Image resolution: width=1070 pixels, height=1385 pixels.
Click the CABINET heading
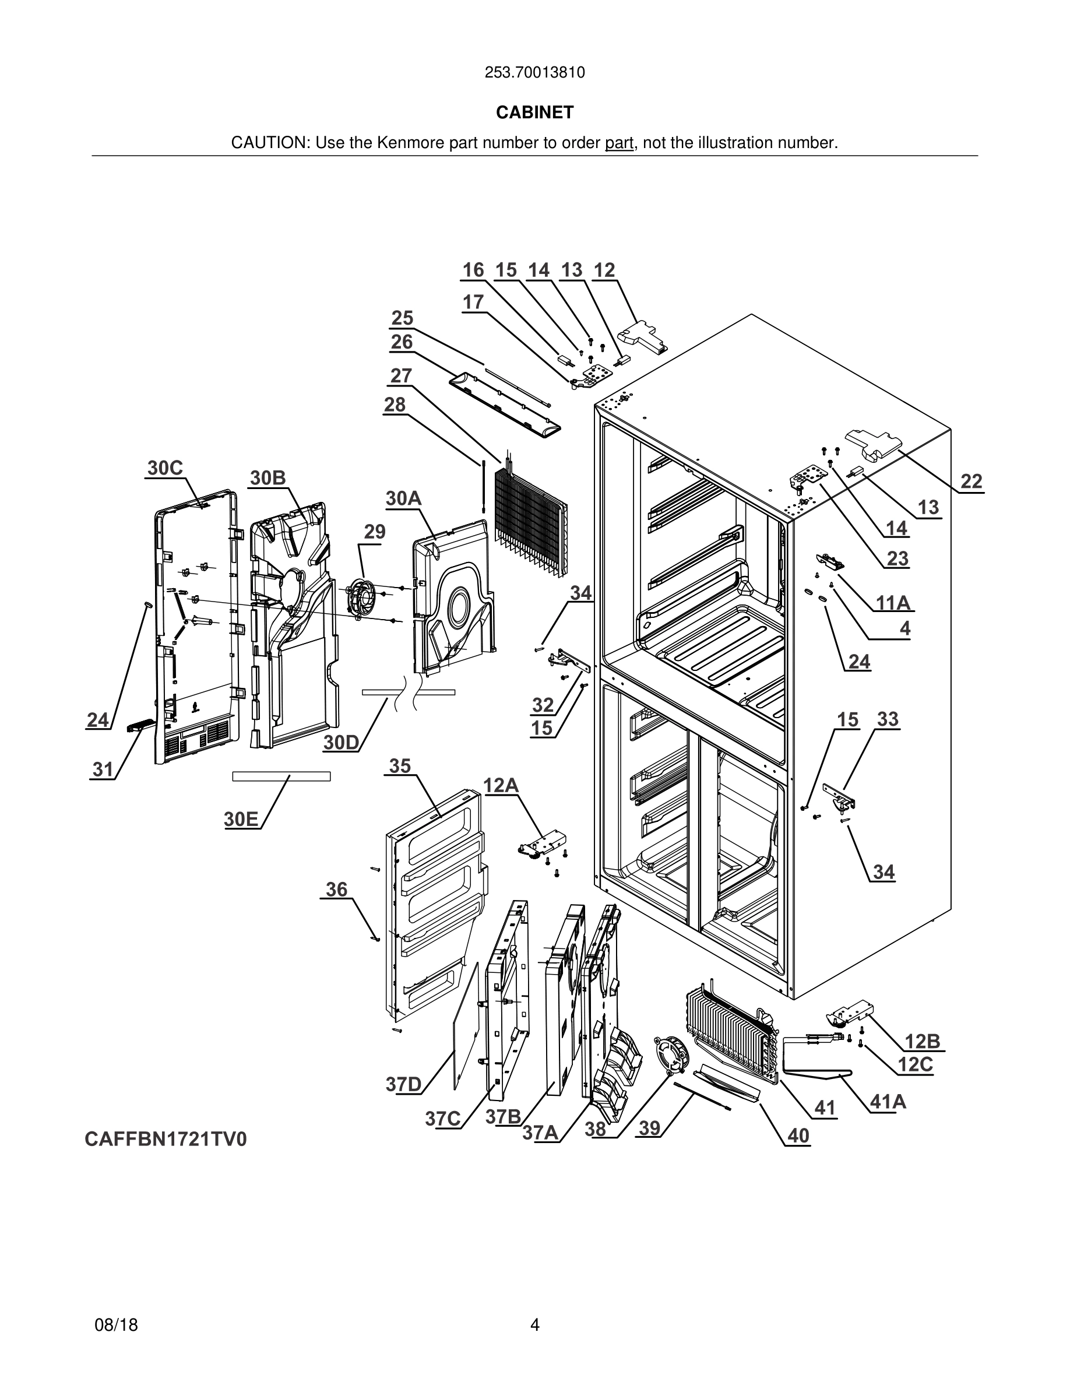click(534, 113)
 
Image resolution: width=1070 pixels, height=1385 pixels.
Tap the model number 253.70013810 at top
click(534, 73)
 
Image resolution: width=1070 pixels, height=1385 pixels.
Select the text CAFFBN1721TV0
click(166, 1140)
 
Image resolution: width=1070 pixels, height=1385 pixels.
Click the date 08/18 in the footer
click(116, 1325)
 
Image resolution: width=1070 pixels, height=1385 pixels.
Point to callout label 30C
click(165, 468)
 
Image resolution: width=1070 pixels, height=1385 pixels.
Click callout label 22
click(971, 481)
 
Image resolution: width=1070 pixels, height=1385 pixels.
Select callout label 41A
click(888, 1102)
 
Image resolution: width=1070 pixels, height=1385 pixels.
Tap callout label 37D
click(404, 1084)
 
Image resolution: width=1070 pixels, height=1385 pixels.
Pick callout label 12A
click(501, 786)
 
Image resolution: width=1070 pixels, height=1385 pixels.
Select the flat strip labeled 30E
click(281, 776)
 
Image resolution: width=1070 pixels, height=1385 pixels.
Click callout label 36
click(337, 889)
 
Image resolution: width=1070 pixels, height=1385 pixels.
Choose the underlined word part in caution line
click(619, 143)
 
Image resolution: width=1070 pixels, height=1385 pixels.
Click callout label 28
click(395, 405)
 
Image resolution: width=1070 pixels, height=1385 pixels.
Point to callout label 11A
click(893, 603)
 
